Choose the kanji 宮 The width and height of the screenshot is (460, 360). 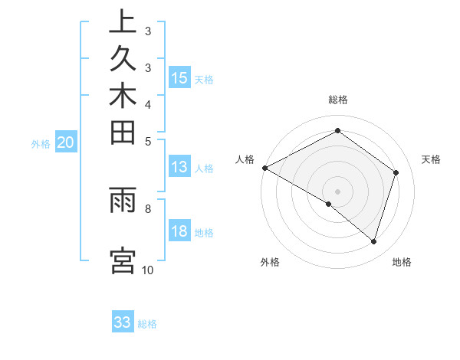pos(123,260)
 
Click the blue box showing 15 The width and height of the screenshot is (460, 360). pos(179,78)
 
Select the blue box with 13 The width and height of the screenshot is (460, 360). pos(179,168)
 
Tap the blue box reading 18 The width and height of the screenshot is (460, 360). pos(179,232)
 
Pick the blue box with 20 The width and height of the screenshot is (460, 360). pos(66,142)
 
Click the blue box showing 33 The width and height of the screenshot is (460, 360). pos(123,322)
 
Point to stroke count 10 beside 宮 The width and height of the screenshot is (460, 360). pos(148,270)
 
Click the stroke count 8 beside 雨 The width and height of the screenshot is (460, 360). pos(148,207)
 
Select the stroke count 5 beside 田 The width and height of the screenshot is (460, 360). pos(148,140)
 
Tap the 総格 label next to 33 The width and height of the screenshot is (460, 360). pos(148,324)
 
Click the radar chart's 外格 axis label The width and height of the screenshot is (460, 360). pos(270,263)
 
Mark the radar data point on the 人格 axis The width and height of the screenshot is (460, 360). pos(264,167)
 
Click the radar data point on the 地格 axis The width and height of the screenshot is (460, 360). pos(373,241)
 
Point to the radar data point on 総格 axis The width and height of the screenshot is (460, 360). pos(337,130)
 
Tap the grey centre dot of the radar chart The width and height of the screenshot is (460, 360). pos(337,191)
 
